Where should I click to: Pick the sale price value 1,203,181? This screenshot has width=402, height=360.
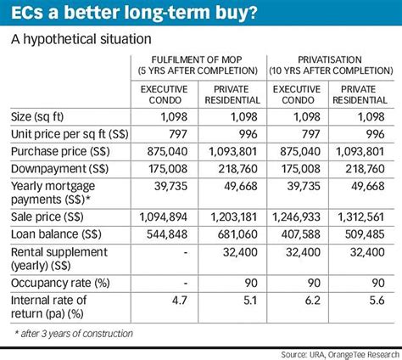click(x=232, y=216)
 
